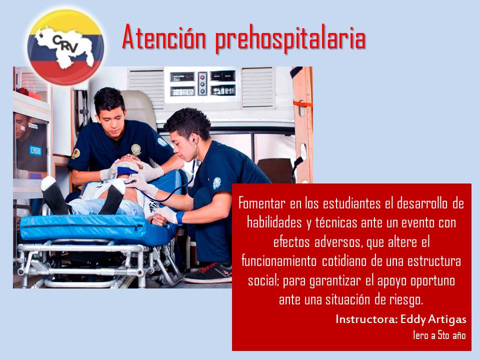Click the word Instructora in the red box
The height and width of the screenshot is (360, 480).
(366, 318)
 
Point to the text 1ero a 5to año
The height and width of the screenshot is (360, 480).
(439, 335)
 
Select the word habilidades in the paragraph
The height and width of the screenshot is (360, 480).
(274, 222)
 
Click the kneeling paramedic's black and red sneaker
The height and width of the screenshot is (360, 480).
(209, 273)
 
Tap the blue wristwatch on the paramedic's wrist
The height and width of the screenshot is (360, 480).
(179, 217)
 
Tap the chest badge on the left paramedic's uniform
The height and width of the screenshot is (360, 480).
(136, 149)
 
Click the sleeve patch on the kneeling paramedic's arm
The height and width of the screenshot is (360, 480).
(216, 183)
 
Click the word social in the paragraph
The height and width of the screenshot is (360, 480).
(263, 280)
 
